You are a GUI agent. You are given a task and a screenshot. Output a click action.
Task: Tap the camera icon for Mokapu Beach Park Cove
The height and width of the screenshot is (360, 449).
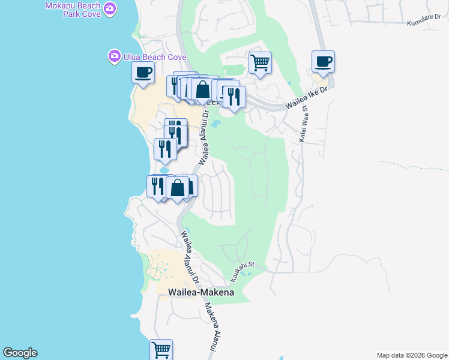click(x=110, y=8)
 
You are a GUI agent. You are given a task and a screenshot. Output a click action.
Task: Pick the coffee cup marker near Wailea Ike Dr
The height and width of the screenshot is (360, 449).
click(x=323, y=61)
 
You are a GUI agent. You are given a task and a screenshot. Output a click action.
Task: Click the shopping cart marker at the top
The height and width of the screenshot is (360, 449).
click(x=260, y=62)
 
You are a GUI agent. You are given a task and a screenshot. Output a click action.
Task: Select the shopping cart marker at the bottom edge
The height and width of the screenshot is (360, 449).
click(x=161, y=349)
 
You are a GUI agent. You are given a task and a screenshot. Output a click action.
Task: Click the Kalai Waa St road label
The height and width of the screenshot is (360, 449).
click(x=301, y=124)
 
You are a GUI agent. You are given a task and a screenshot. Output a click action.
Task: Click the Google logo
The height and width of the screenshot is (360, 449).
click(x=20, y=353)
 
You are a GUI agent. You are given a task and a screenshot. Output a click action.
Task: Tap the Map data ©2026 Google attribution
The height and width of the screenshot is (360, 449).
click(x=412, y=355)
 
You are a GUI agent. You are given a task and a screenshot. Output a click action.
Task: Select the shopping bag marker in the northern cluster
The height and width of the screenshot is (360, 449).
click(x=202, y=89)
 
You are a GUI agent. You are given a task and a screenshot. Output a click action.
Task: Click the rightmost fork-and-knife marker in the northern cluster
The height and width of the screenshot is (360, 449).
click(x=234, y=97)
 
